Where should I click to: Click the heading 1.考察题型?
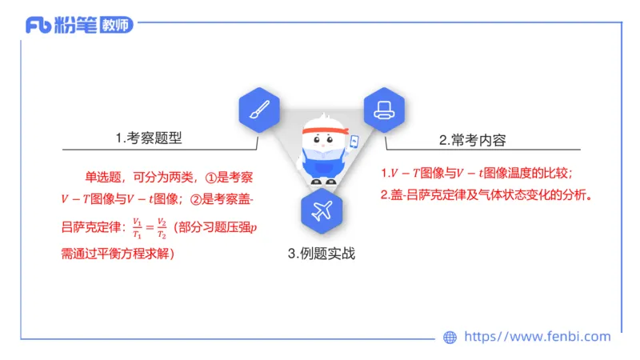[x=149, y=138]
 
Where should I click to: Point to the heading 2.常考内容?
[x=477, y=139]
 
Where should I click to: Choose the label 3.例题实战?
[x=321, y=254]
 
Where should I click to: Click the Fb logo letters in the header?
[x=38, y=26]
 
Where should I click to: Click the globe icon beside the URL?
[x=450, y=338]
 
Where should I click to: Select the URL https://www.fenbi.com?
[x=537, y=337]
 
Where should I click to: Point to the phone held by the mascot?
[x=354, y=142]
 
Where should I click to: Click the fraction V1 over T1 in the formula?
[x=137, y=228]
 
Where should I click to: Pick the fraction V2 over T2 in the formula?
[x=162, y=228]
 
